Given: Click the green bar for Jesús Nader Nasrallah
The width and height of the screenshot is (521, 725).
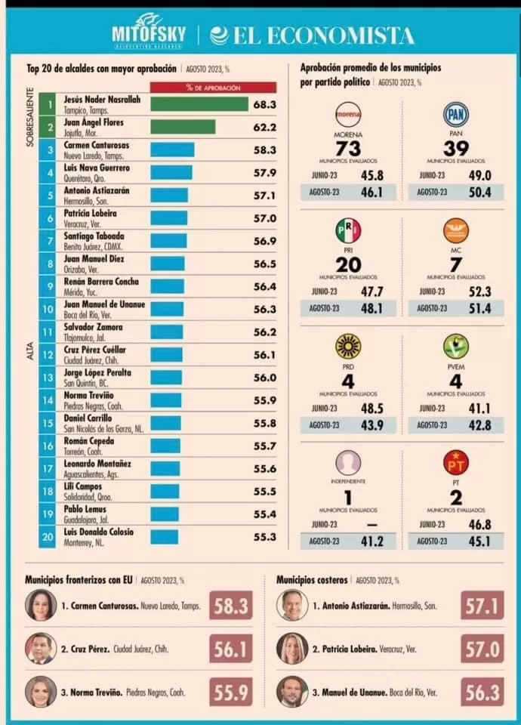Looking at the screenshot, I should click(199, 103).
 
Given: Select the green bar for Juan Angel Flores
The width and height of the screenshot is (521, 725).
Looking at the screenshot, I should click(183, 127).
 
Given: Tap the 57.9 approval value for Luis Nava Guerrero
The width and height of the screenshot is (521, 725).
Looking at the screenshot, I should click(264, 173).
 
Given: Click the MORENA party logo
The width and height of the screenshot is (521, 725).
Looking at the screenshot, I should click(348, 115).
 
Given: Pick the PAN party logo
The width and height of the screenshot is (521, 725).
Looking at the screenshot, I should click(455, 115).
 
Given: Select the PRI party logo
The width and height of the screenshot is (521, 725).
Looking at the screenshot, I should click(348, 230).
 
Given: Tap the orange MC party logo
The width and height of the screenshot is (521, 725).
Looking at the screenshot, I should click(455, 230).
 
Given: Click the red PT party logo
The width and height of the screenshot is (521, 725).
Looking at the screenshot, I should click(455, 461).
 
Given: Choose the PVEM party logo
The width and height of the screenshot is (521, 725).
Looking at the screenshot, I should click(455, 346).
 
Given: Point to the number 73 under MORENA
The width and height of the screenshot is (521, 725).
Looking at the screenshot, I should click(348, 148).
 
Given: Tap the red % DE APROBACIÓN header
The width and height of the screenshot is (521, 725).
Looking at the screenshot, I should click(202, 87).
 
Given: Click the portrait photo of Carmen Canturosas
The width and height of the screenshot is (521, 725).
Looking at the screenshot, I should click(40, 606).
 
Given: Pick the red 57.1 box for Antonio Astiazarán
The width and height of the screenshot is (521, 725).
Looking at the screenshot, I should click(482, 605).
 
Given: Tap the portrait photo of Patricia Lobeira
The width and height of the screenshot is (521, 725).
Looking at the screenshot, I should click(291, 648).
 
